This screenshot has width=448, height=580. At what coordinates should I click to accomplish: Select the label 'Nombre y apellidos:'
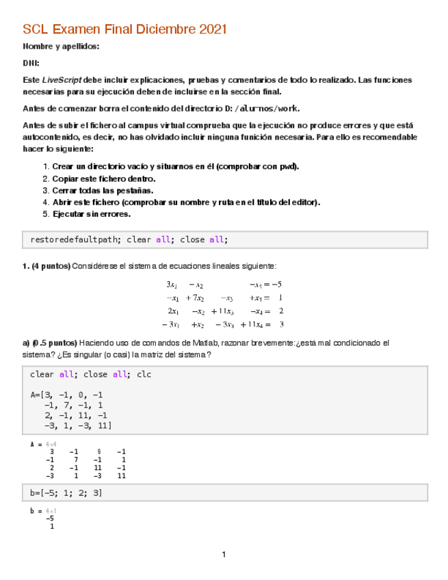61,47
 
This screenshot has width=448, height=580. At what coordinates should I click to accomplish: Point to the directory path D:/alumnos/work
266,109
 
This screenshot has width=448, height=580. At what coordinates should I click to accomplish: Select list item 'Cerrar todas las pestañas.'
103,191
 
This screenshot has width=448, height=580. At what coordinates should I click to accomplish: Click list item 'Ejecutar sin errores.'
91,214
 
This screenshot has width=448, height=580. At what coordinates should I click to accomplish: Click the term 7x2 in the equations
196,298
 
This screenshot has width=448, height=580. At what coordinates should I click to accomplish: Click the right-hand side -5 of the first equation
276,285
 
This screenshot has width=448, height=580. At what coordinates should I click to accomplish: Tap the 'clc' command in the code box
144,374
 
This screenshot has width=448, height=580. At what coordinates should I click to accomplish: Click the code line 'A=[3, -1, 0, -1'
66,395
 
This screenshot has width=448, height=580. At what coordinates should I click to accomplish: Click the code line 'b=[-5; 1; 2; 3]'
66,492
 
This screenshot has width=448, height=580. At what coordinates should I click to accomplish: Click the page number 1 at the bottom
223,554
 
